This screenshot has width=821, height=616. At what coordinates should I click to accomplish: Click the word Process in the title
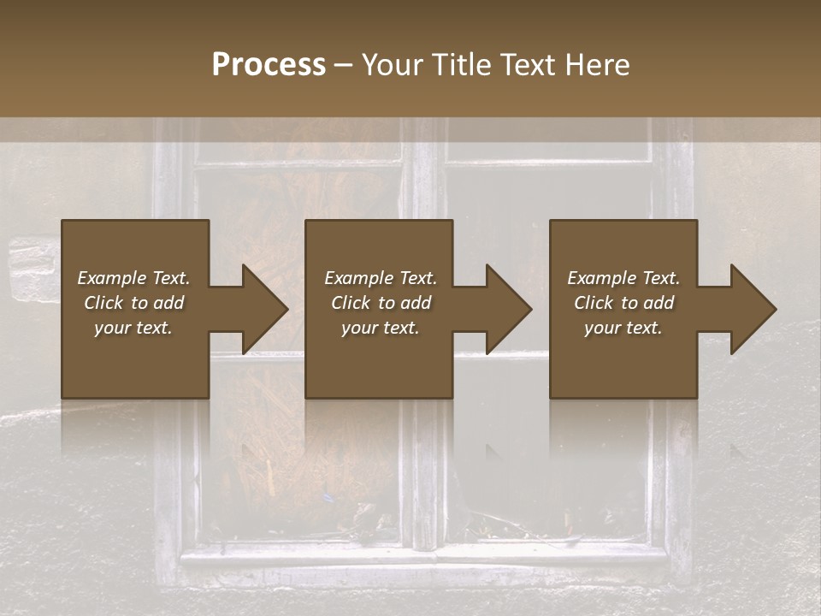coord(269,64)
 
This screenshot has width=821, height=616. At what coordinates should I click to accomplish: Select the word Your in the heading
coord(393,64)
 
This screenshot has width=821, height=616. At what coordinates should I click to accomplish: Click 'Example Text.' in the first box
coord(133,278)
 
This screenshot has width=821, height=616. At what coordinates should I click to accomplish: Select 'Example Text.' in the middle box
coord(380,278)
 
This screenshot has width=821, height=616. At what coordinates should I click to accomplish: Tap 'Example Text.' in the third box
coord(623,278)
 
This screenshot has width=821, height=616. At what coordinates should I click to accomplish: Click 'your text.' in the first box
coord(133,328)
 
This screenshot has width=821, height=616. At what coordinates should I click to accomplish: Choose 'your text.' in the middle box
coord(380,328)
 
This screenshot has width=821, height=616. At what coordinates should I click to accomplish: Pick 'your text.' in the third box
coord(623,328)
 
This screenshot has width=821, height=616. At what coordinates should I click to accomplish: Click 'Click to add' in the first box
coord(133,303)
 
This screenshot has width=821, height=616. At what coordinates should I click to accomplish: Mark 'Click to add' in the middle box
coord(380,303)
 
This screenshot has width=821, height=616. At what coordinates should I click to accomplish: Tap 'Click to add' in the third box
coord(623,303)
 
